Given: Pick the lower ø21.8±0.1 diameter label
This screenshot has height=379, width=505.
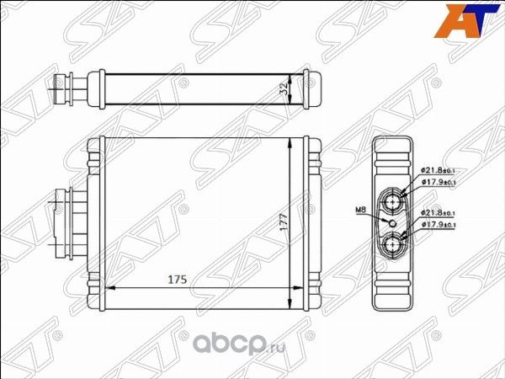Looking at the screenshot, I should (439, 213).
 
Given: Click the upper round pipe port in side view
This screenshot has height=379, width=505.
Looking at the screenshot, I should (393, 201).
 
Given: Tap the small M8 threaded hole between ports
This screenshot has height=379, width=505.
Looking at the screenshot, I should (393, 223).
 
